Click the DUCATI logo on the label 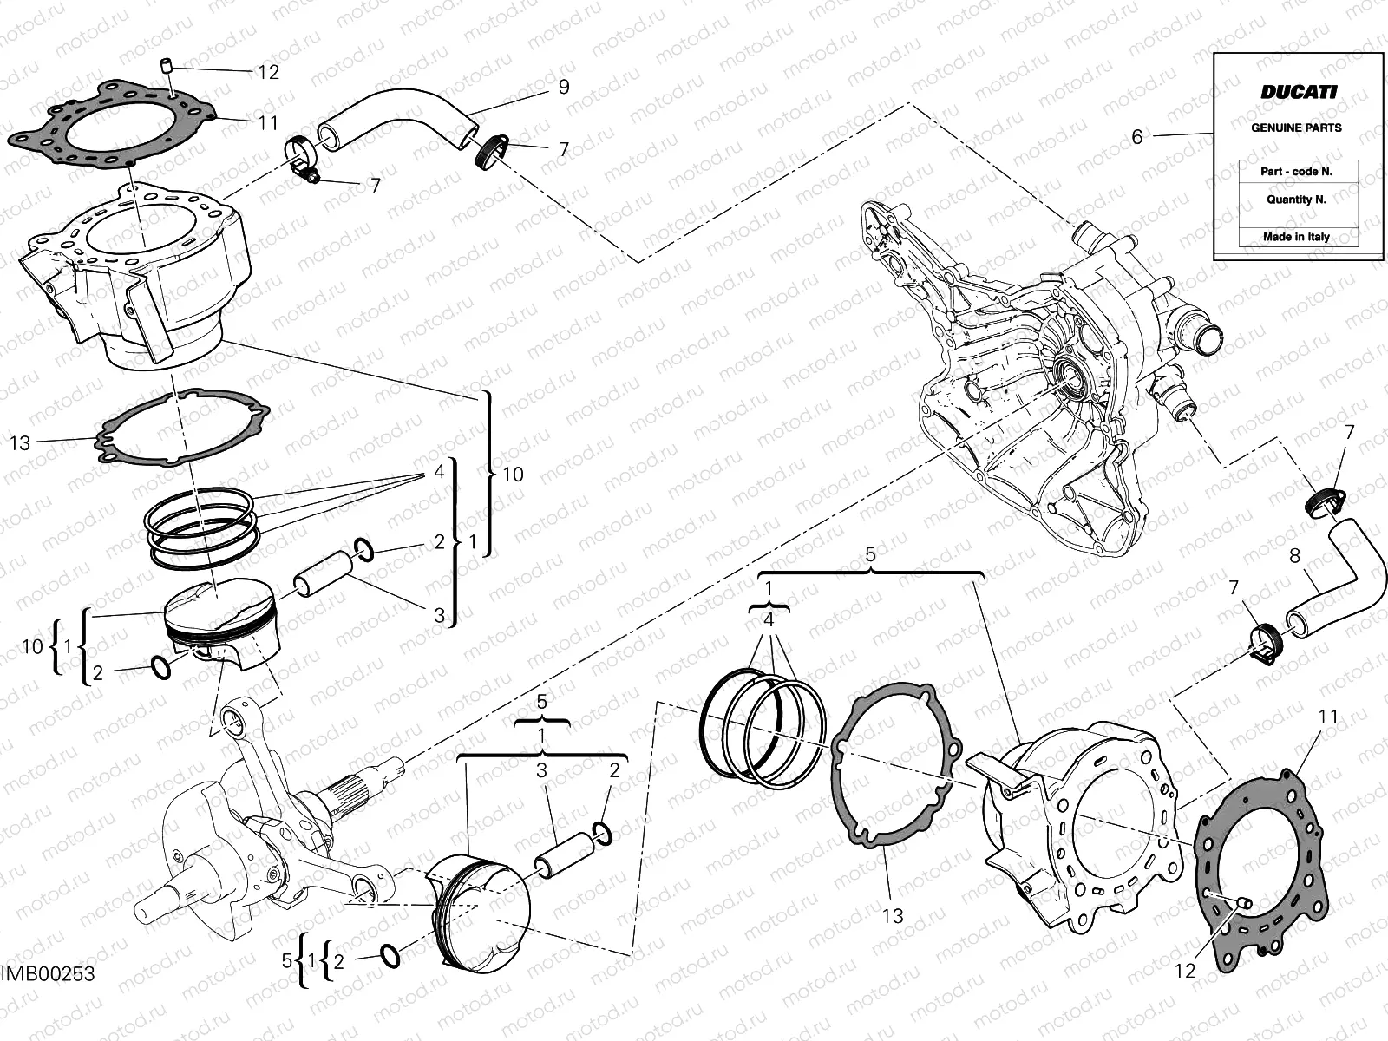(1298, 92)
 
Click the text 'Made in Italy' (1296, 237)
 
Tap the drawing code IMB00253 (48, 974)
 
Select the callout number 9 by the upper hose (563, 87)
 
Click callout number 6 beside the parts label (1136, 137)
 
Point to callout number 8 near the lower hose (1295, 555)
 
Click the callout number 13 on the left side (20, 443)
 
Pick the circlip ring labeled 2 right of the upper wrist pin (363, 548)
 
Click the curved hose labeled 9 (399, 108)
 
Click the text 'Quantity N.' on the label (1296, 199)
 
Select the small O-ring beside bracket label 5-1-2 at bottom (391, 956)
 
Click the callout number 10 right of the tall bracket (513, 475)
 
